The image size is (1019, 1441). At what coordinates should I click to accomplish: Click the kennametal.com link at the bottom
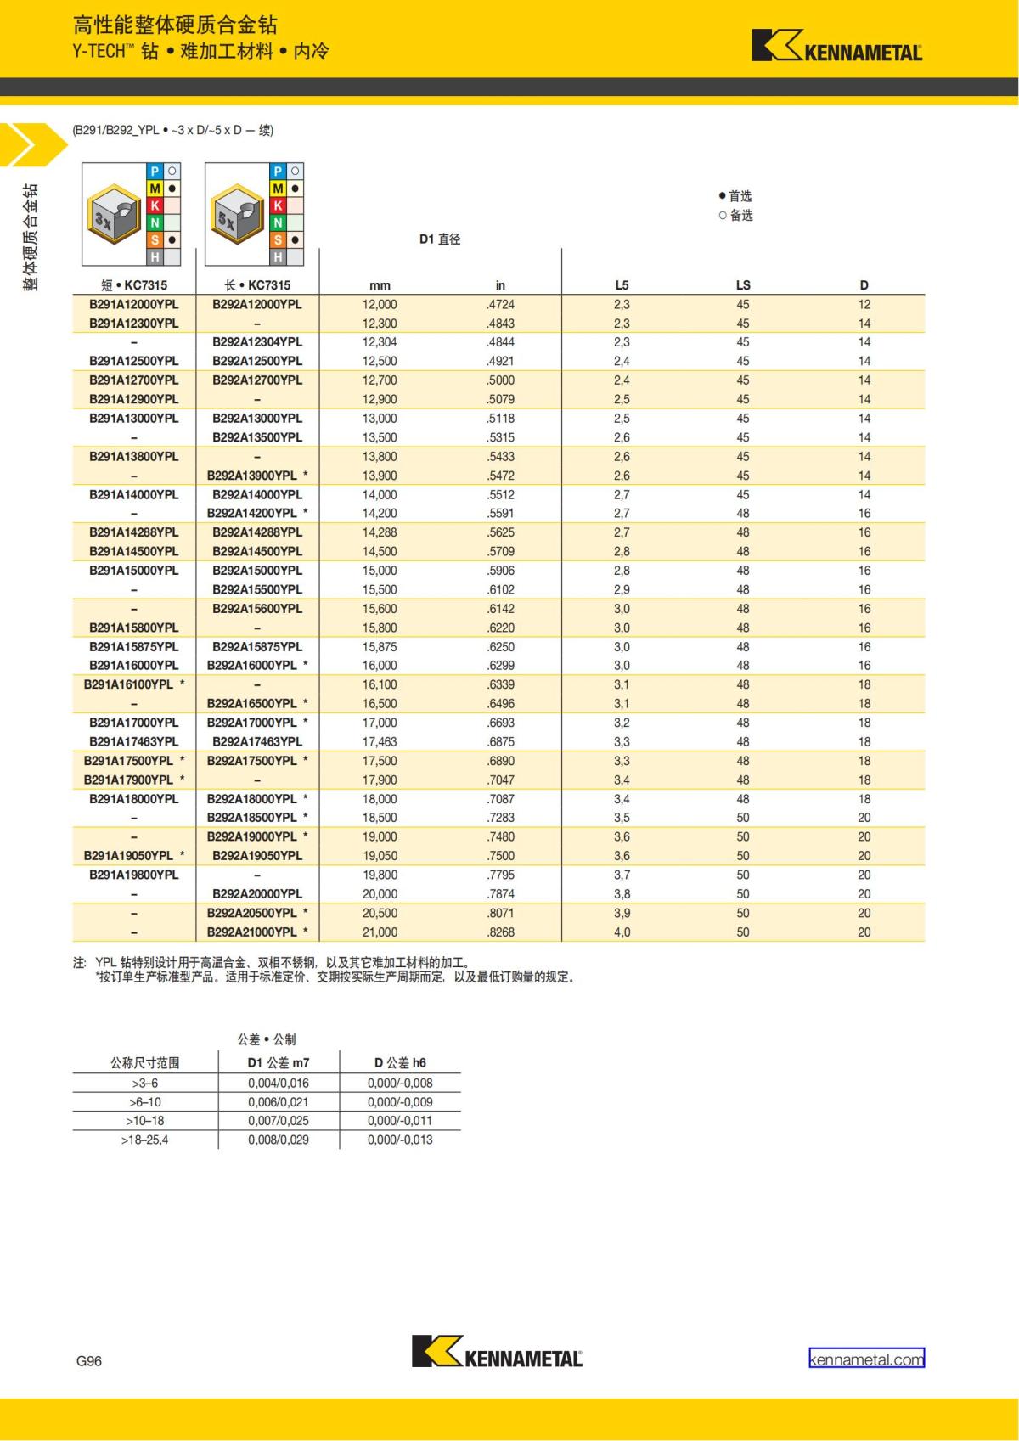click(x=866, y=1359)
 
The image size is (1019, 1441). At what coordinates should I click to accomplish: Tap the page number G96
click(x=89, y=1361)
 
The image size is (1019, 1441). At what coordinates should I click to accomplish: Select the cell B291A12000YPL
click(x=134, y=304)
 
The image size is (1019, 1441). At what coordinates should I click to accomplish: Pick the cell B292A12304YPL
click(x=257, y=342)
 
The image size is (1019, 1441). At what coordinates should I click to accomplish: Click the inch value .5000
click(x=500, y=380)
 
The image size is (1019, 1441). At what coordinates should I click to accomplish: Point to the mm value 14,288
click(x=380, y=532)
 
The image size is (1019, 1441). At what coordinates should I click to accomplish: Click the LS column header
click(x=743, y=285)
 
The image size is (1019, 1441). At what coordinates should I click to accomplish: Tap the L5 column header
click(x=622, y=285)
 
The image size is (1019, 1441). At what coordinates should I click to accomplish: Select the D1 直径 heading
click(x=440, y=239)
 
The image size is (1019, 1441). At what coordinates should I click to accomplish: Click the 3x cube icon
click(x=115, y=214)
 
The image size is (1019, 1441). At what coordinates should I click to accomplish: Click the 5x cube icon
click(x=238, y=214)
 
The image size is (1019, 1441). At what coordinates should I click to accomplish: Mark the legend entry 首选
click(x=735, y=196)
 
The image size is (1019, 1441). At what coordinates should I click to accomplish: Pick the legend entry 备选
click(x=735, y=216)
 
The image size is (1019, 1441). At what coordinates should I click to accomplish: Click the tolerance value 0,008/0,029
click(x=279, y=1140)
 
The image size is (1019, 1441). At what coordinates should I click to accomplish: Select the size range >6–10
click(x=145, y=1102)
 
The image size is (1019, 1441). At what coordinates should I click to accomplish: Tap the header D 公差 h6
click(x=400, y=1062)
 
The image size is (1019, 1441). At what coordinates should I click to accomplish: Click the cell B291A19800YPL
click(x=134, y=875)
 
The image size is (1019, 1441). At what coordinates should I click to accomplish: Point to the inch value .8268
click(x=500, y=932)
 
